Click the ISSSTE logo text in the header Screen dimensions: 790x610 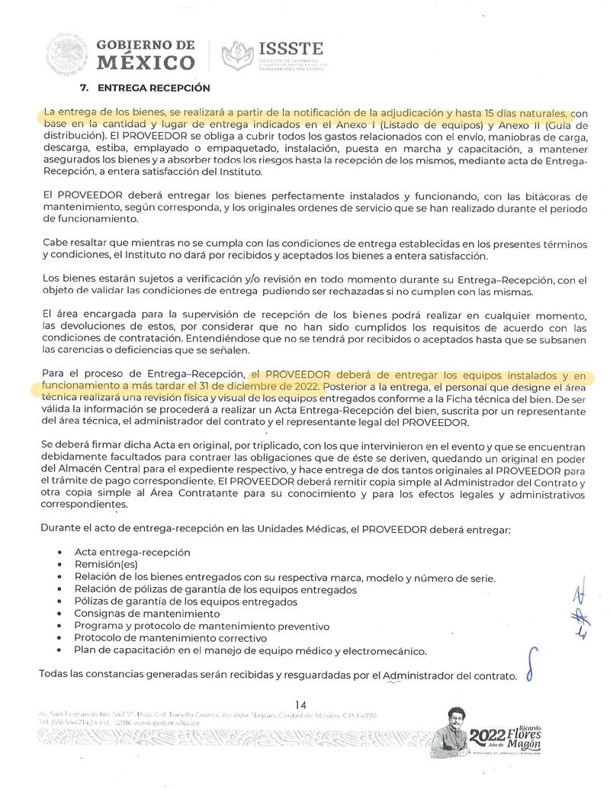[x=291, y=49]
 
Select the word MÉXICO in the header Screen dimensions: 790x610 [x=146, y=62]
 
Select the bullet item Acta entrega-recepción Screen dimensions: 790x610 [x=133, y=552]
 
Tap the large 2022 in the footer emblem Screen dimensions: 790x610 [x=487, y=737]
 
